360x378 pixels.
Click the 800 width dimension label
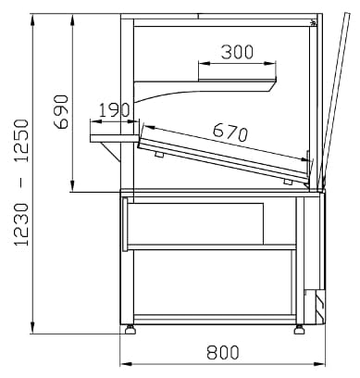pyautogui.click(x=223, y=352)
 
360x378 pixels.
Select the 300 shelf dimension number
pyautogui.click(x=237, y=52)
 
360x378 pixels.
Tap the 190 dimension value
pyautogui.click(x=114, y=110)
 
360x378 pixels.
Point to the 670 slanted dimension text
pyautogui.click(x=230, y=132)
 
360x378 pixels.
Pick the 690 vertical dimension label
pyautogui.click(x=60, y=111)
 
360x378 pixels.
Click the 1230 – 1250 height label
pyautogui.click(x=21, y=183)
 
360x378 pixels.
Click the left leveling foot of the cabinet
pyautogui.click(x=130, y=329)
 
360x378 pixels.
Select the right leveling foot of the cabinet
pyautogui.click(x=299, y=329)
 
